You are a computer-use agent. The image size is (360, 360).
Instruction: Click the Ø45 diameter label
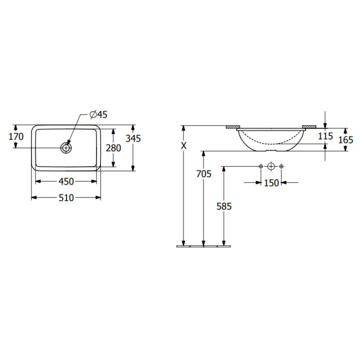98,114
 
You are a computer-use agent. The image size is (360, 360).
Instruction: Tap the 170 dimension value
16,136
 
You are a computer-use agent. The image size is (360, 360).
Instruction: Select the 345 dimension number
133,138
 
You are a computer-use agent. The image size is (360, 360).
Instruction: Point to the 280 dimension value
113,148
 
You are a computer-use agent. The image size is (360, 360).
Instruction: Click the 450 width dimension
66,181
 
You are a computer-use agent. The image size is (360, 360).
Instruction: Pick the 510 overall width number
66,197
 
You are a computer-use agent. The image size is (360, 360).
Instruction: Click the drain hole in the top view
66,148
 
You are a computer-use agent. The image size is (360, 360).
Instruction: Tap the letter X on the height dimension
183,145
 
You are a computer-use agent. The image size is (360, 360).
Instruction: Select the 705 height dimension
203,174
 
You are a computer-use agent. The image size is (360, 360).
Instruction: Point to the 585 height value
224,206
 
